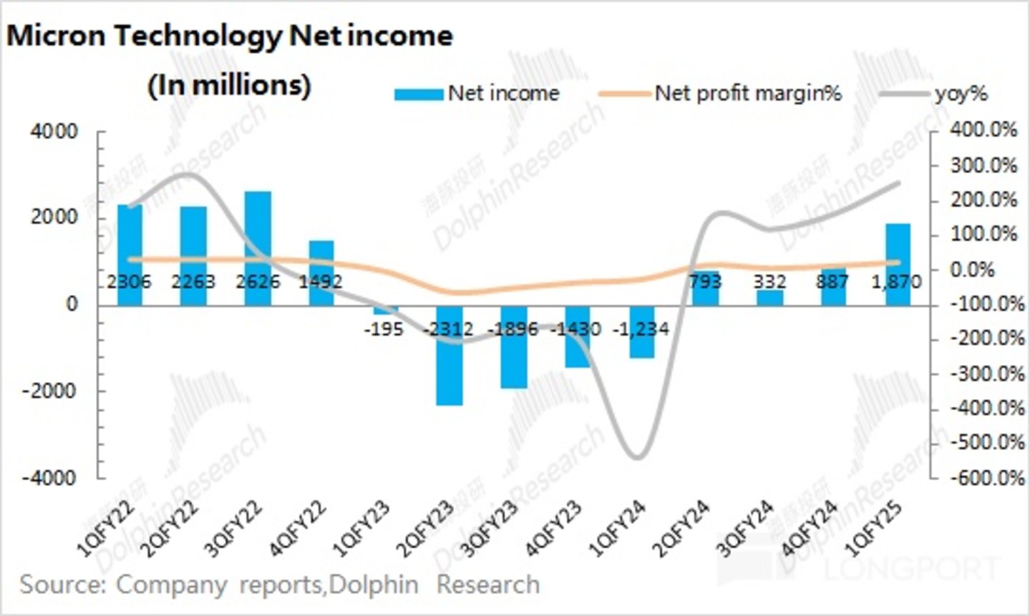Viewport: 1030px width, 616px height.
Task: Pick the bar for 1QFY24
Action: coord(642,333)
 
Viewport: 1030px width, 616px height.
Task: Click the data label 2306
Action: coord(130,282)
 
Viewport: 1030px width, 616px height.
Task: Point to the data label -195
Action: coord(384,330)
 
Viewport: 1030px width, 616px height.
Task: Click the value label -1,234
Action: coord(641,329)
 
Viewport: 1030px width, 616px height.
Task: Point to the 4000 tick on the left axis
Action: coord(54,132)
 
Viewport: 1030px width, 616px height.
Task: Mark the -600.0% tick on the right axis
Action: coord(982,477)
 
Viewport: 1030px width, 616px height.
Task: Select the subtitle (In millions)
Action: coord(229,85)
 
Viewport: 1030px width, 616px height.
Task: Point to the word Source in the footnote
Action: coord(60,585)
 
